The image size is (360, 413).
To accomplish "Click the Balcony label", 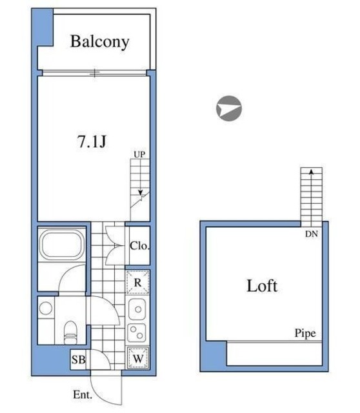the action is pos(100,41).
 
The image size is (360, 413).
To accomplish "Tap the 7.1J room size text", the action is pos(92,141).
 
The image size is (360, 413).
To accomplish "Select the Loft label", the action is pos(262,286).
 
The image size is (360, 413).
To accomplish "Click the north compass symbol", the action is pos(229,108).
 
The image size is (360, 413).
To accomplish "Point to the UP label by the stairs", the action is pos(139,154).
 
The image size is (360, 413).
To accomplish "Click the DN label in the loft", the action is pos(311,234).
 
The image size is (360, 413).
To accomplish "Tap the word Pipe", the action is pos(305,333).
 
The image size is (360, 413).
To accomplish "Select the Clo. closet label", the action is pos(139,246).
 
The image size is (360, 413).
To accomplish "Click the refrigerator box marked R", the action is pos(137,283).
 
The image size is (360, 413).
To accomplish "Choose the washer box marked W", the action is pos(138,358).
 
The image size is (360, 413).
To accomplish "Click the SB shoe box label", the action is pos(79,359).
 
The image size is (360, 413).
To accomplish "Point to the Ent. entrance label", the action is pos(83,394).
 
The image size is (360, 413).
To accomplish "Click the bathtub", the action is pos(62,244).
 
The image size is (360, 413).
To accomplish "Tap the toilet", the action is pos(70,332).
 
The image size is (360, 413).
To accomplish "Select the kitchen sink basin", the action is pos(137,309).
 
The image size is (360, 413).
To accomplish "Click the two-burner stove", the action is pos(137,333).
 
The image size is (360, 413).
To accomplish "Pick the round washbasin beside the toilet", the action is pos(46,308).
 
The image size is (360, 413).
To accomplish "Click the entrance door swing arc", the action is pos(100,393).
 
